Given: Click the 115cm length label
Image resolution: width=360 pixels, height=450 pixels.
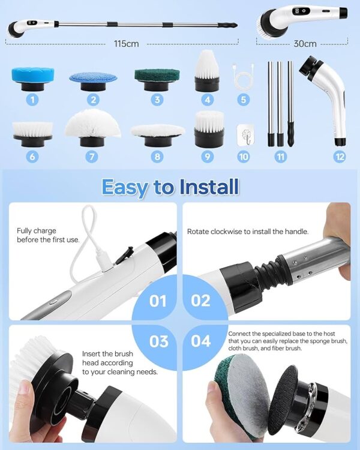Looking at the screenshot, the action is (x=126, y=44).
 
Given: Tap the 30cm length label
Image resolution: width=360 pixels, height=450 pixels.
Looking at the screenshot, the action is (x=305, y=44).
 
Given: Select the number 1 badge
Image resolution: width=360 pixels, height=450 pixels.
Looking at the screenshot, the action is (x=32, y=100).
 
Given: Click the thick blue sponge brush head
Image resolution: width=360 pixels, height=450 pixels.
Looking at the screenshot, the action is (x=33, y=79).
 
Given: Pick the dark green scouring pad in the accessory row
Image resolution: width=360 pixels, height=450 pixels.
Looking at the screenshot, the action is (x=157, y=80).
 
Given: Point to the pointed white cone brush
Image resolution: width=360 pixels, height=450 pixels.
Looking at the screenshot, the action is (x=207, y=71).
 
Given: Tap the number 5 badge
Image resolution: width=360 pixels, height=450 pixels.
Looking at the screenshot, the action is (x=243, y=100).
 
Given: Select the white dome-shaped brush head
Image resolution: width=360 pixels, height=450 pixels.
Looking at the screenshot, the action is (x=92, y=127).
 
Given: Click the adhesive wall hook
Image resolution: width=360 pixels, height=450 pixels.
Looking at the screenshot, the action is (x=245, y=134).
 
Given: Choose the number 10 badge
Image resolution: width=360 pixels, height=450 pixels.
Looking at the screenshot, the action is (x=243, y=157).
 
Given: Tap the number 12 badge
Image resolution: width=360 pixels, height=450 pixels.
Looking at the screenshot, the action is (x=340, y=157).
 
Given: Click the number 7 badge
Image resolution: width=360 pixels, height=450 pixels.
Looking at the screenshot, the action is (x=92, y=157).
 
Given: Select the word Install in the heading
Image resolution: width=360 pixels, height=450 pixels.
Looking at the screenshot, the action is (x=209, y=187).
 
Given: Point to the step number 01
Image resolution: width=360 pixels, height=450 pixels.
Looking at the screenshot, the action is (x=158, y=301).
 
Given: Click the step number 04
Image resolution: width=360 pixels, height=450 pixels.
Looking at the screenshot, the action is (x=201, y=341).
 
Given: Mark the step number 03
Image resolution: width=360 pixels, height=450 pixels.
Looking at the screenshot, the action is (x=159, y=341).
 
